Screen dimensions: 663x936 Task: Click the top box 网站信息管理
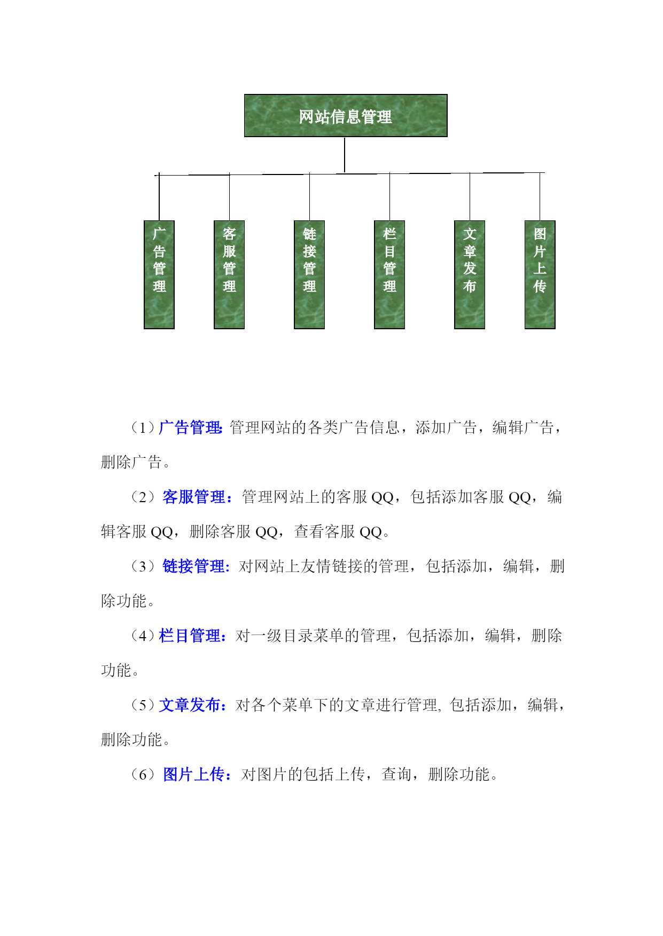[x=346, y=116]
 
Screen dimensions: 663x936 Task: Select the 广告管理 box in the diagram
[x=159, y=274]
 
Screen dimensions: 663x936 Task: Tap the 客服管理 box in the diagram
[x=229, y=274]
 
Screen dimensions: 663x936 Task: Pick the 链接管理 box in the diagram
[x=309, y=274]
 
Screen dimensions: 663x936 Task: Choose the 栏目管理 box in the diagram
[x=389, y=274]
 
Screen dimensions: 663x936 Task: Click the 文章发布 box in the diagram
[x=470, y=274]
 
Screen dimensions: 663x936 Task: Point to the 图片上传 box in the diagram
[x=540, y=274]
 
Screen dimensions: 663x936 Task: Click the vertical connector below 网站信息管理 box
[x=345, y=155]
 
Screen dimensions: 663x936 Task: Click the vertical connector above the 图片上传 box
[x=540, y=196]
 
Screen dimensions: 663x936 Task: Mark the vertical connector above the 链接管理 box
[x=309, y=197]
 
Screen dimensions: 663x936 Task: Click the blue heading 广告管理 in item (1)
[x=190, y=427]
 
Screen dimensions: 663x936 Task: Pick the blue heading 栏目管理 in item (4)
[x=190, y=636]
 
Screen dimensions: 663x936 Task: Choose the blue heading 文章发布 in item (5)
[x=190, y=705]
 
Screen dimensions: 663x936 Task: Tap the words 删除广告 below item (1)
[x=131, y=462]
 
